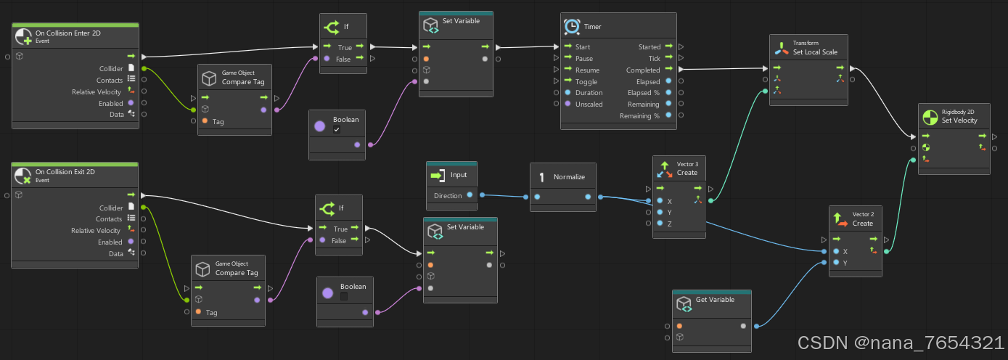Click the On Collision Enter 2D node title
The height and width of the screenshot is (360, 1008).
point(69,33)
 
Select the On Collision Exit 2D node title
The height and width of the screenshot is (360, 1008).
point(65,172)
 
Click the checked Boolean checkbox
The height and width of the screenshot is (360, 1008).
point(336,130)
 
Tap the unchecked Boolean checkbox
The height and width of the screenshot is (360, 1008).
point(344,297)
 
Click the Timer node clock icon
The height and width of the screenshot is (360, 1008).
point(572,26)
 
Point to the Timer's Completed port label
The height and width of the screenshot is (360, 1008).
point(643,70)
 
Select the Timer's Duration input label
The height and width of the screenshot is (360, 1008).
point(589,93)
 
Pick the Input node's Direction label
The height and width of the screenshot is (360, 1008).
point(448,196)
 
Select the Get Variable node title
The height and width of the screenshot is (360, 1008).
point(715,300)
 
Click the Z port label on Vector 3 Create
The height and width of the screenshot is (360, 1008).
point(669,224)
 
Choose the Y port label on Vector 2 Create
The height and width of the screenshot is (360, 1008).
point(845,263)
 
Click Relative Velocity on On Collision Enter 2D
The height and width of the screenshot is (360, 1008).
point(96,92)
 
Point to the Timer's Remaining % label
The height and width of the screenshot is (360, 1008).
point(639,116)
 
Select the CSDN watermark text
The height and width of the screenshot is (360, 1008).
point(901,343)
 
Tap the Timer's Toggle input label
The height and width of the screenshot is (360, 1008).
point(586,82)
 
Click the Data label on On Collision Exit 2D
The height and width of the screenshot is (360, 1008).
point(115,253)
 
